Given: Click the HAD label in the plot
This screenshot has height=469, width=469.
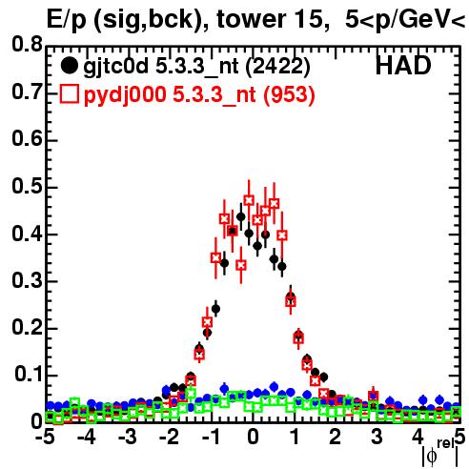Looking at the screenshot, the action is (403, 66).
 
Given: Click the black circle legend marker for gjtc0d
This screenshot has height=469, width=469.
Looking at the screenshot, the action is (69, 66).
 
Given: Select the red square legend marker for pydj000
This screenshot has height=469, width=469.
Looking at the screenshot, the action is (70, 94).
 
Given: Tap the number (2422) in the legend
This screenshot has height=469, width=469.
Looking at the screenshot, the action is (277, 67).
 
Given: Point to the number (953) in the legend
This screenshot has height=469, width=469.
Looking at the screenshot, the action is (289, 94).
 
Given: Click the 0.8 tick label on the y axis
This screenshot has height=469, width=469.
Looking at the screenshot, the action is (27, 44).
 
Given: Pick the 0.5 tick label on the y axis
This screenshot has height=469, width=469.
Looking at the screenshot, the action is (27, 186).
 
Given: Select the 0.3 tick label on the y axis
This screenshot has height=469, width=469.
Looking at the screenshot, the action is (27, 280).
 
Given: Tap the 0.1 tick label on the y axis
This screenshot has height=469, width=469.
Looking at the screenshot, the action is (29, 375).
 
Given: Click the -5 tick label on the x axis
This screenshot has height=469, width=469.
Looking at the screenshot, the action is (46, 438).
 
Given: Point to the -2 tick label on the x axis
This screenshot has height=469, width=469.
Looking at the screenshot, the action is (170, 438).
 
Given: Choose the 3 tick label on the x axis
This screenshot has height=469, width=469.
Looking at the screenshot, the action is (377, 438).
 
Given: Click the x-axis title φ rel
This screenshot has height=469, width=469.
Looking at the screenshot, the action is (440, 453).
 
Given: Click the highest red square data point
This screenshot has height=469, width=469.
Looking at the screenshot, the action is (249, 200).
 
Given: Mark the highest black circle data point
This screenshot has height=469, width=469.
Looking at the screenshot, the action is (241, 217).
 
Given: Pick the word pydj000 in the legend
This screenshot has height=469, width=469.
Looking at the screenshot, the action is (125, 95).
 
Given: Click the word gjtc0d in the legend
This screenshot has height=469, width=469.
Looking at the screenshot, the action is (115, 67).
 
